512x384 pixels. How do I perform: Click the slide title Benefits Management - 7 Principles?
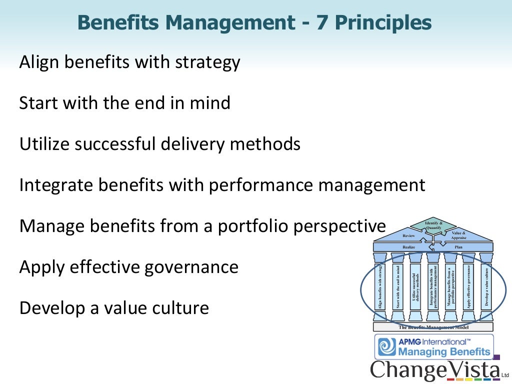tap(255, 22)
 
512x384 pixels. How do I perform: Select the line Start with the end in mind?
tap(124, 103)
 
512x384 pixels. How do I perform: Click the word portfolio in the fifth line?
tap(247, 226)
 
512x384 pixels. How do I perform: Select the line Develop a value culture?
tap(114, 307)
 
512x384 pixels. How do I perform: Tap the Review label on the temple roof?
tap(408, 235)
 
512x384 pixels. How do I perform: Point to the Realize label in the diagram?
tap(408, 247)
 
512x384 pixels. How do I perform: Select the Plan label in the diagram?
tap(458, 247)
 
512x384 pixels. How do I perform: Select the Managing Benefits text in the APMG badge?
tap(444, 352)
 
